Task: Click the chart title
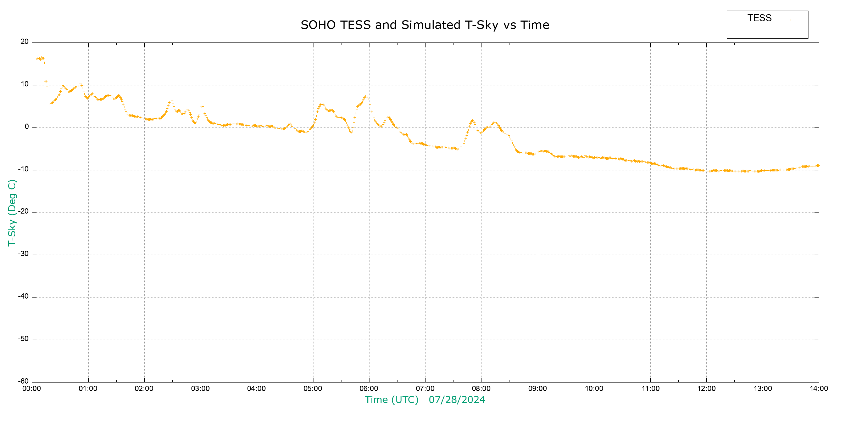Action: pyautogui.click(x=425, y=25)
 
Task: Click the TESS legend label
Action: pyautogui.click(x=760, y=18)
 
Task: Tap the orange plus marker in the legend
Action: pyautogui.click(x=790, y=20)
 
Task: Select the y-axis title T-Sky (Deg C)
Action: pyautogui.click(x=12, y=212)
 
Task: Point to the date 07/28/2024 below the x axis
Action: pyautogui.click(x=457, y=400)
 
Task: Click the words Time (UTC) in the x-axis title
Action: pyautogui.click(x=391, y=400)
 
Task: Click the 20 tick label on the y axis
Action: pyautogui.click(x=24, y=42)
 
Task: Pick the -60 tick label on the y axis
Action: pyautogui.click(x=23, y=381)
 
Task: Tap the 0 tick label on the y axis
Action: pyautogui.click(x=27, y=127)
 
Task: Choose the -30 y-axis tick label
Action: pyautogui.click(x=23, y=254)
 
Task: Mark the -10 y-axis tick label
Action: pyautogui.click(x=23, y=169)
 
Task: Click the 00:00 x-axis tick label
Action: pyautogui.click(x=32, y=389)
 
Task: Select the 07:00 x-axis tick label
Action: pyautogui.click(x=425, y=389)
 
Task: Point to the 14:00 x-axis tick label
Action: pyautogui.click(x=819, y=389)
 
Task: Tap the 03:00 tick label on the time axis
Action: pyautogui.click(x=200, y=389)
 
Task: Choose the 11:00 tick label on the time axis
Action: pyautogui.click(x=650, y=389)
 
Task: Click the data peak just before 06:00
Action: pyautogui.click(x=366, y=96)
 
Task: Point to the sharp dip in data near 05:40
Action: pyautogui.click(x=351, y=132)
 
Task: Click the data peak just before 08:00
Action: pyautogui.click(x=472, y=121)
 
